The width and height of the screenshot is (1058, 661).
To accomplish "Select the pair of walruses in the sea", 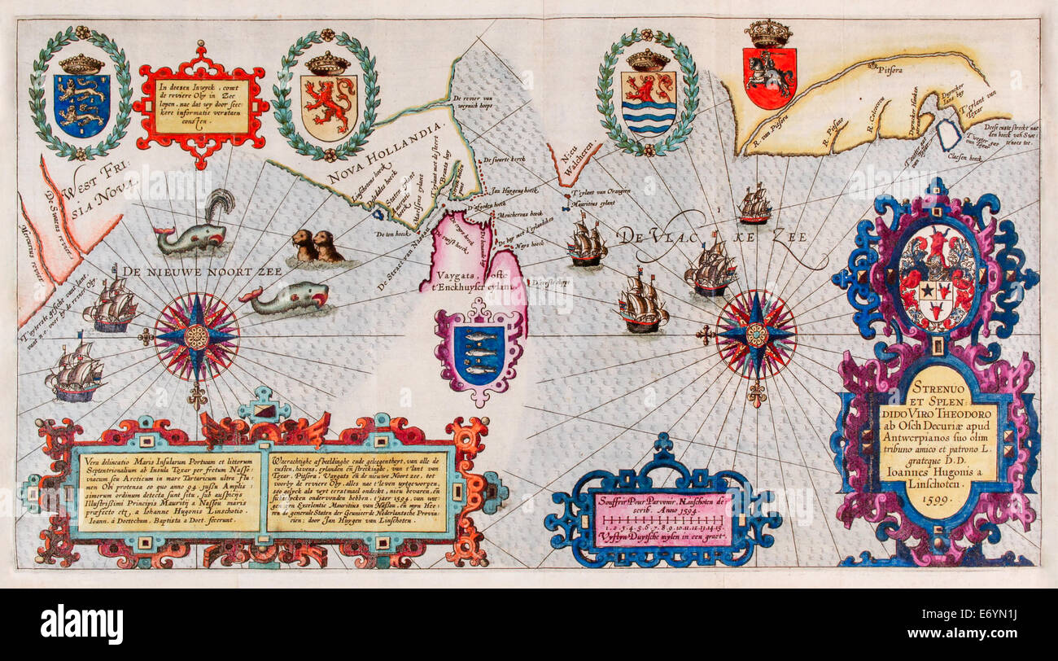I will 317,246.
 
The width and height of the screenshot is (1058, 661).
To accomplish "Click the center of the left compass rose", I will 196,336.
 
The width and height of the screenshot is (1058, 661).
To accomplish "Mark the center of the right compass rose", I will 756,334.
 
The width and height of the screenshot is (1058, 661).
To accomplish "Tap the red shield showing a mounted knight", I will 768,77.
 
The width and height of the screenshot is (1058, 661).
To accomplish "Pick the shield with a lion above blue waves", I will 648,103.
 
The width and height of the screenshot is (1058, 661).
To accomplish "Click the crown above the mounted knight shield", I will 768,33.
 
